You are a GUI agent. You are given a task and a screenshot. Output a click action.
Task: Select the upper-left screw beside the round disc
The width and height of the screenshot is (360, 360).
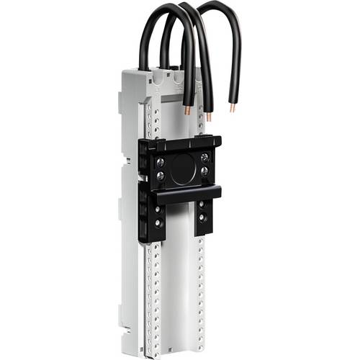tap(161, 161)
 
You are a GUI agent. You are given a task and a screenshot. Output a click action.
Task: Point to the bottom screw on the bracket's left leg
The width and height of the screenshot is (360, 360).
tap(158, 224)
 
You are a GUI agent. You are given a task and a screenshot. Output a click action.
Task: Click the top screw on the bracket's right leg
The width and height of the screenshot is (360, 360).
tap(201, 205)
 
